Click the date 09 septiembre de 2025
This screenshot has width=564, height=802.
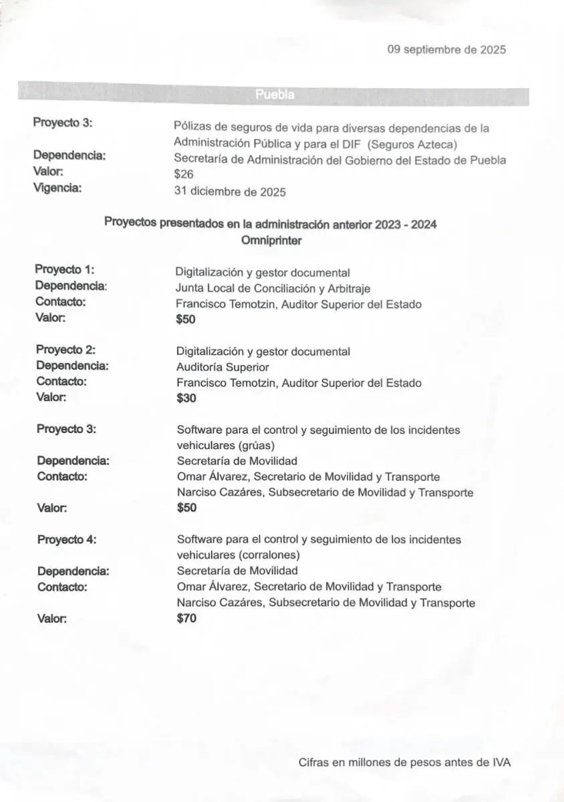446,49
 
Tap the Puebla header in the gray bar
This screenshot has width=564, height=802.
275,95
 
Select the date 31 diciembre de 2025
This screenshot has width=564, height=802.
230,192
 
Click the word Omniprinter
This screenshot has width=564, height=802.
271,241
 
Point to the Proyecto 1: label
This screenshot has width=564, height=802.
65,269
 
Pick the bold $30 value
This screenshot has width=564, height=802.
186,398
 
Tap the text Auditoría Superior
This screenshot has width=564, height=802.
223,367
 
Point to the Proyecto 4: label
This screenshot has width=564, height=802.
67,539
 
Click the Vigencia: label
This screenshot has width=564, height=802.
57,188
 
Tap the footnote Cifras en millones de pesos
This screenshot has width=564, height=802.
405,762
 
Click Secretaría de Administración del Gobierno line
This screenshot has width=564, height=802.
339,160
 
